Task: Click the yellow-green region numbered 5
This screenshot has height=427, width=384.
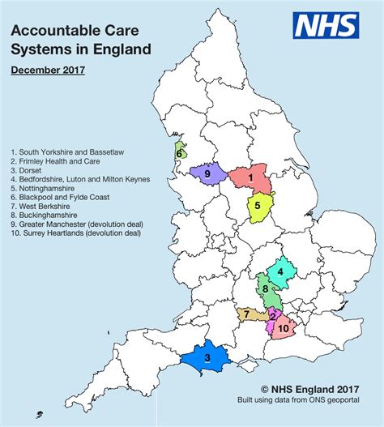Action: pyautogui.click(x=259, y=207)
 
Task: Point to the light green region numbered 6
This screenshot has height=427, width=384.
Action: pyautogui.click(x=180, y=151)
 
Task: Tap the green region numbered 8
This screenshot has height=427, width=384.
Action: pyautogui.click(x=265, y=289)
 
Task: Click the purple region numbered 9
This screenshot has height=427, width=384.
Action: pyautogui.click(x=207, y=173)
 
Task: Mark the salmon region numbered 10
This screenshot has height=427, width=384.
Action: pyautogui.click(x=284, y=328)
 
